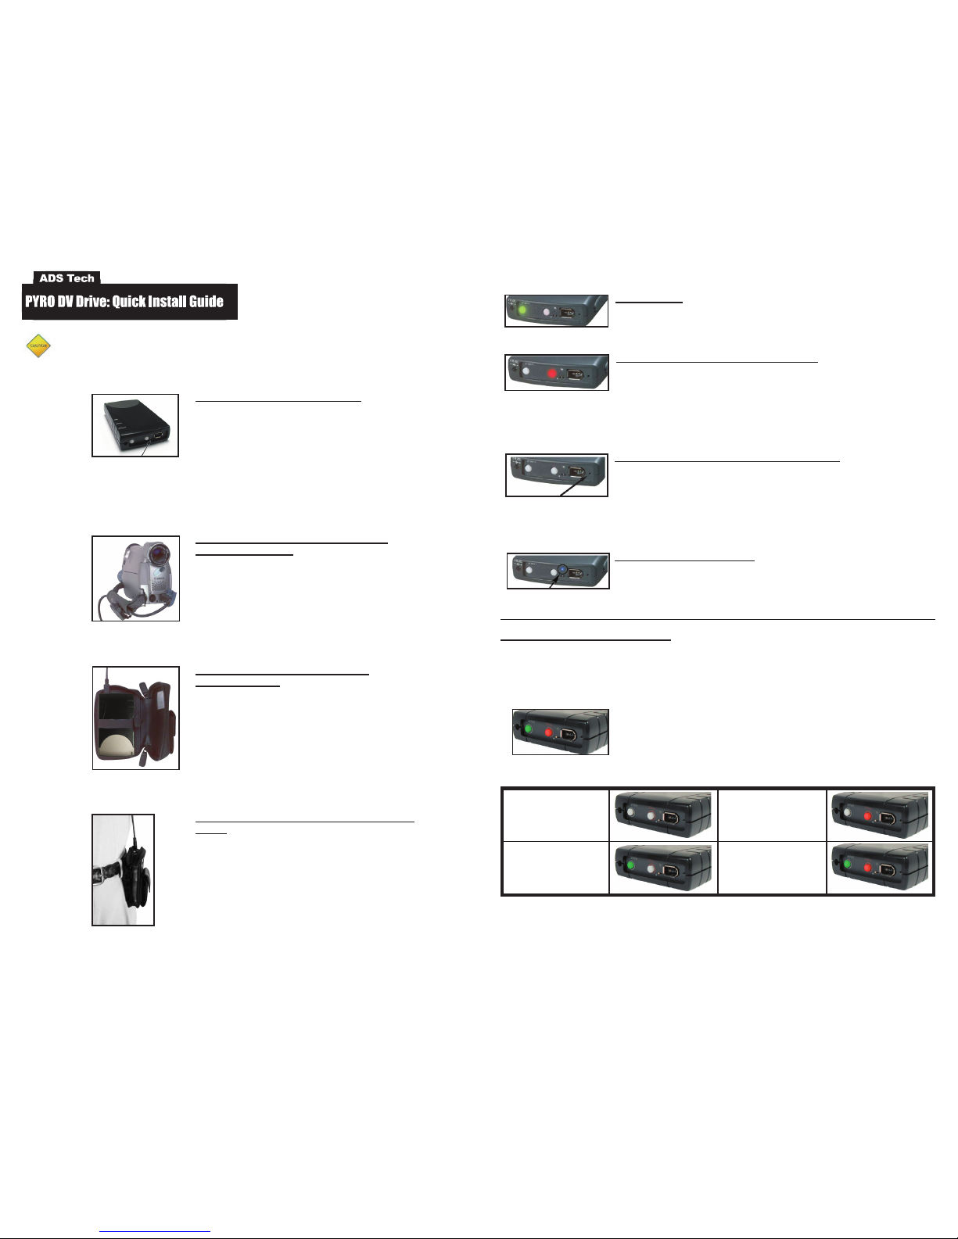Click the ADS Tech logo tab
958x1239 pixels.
66,278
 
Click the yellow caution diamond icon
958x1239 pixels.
38,346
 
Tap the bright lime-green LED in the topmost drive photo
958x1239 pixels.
523,310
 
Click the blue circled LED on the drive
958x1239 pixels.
561,571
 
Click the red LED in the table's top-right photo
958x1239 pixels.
867,815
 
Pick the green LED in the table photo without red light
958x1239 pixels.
630,866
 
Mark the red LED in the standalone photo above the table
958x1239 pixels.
548,733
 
